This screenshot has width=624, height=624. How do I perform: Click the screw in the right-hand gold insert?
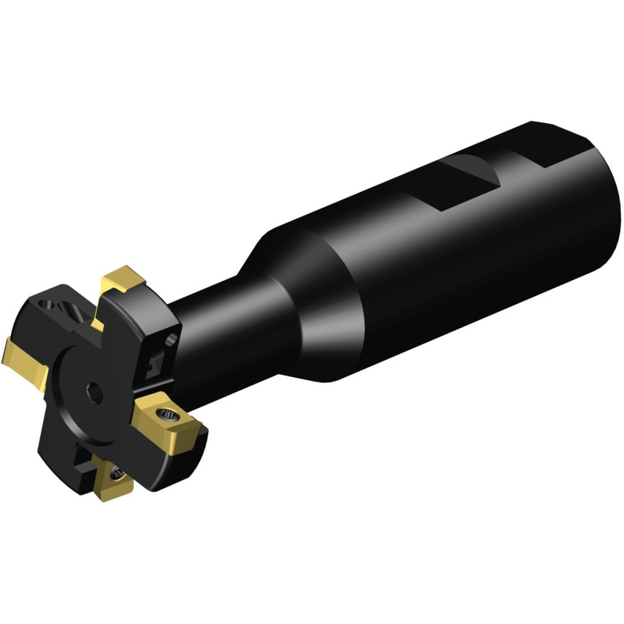pos(170,414)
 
